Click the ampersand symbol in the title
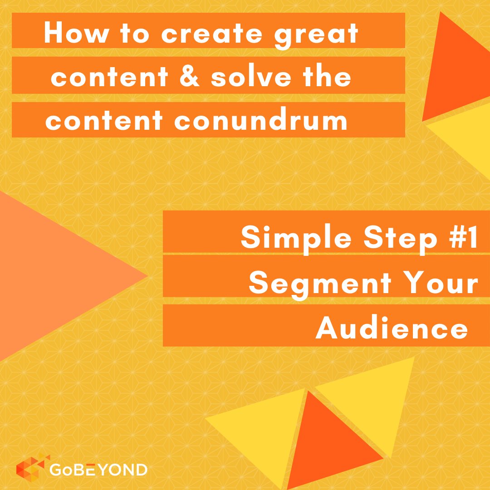coord(188,78)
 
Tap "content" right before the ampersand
coord(109,78)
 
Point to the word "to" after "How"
coord(117,34)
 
